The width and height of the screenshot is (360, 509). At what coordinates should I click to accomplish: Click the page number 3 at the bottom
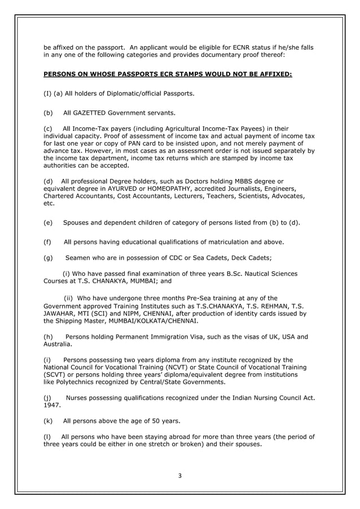(180, 476)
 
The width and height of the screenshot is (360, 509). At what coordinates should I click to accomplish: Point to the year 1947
(52, 405)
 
